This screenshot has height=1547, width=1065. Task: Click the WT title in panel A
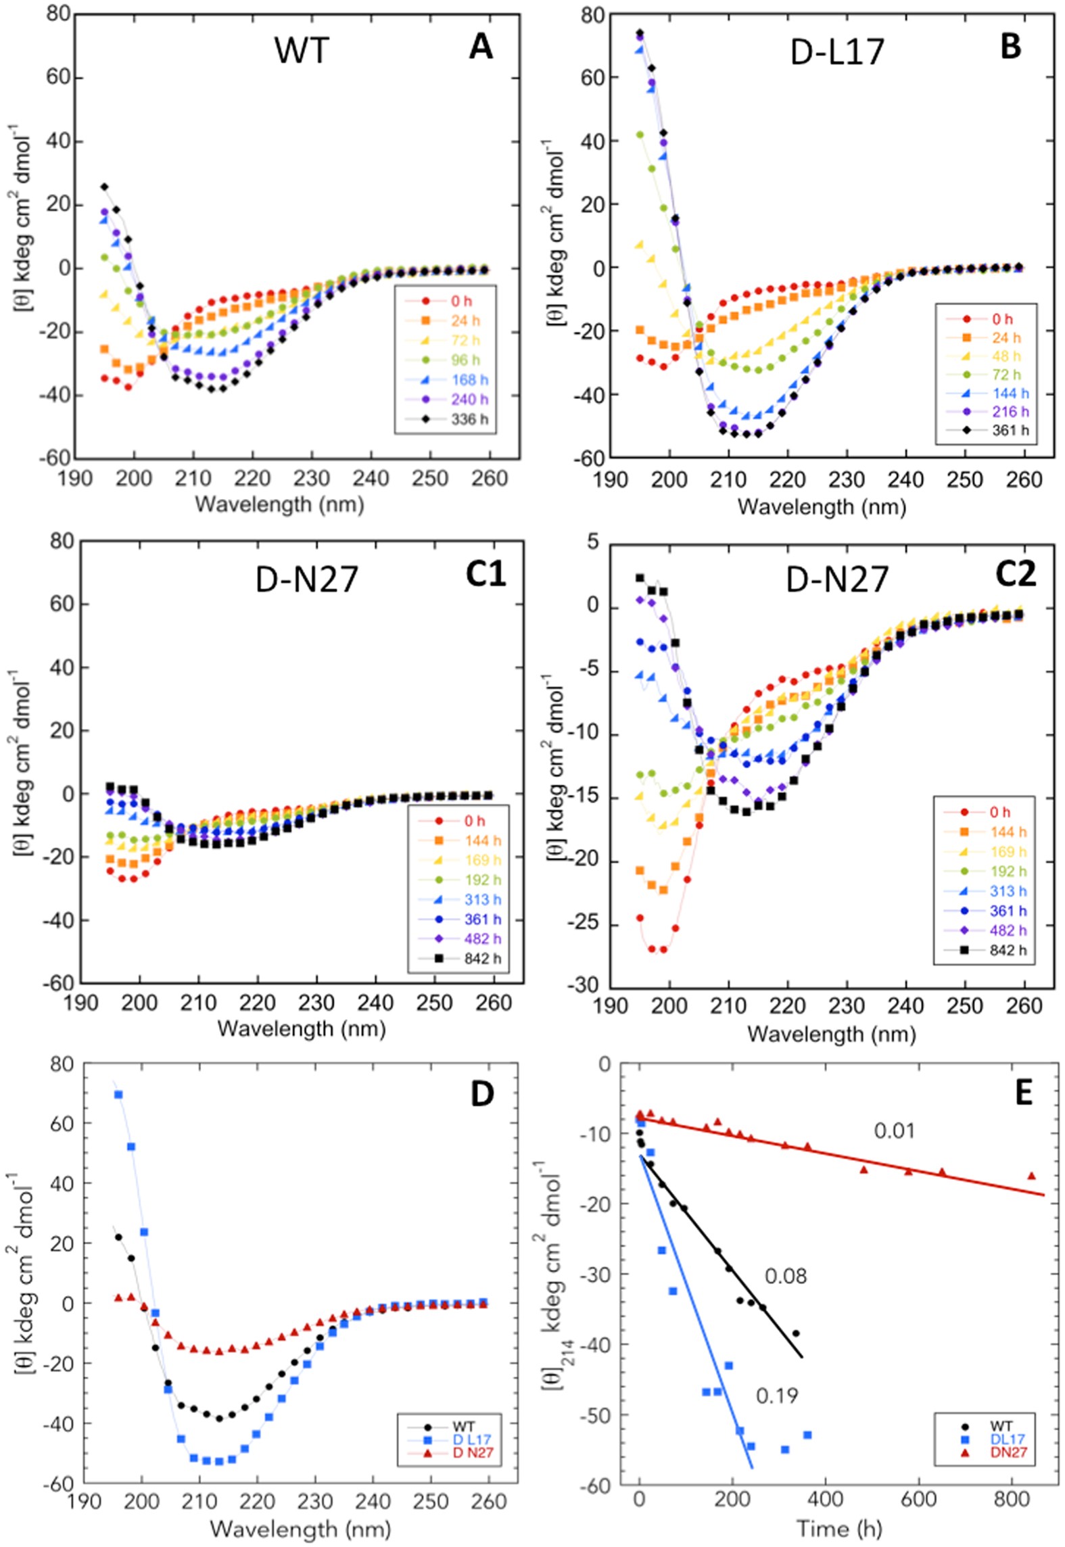click(x=302, y=51)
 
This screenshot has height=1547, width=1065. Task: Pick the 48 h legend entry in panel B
click(x=1008, y=356)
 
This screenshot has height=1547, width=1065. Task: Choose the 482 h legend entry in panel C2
click(x=1008, y=930)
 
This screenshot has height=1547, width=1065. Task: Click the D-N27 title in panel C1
click(x=306, y=580)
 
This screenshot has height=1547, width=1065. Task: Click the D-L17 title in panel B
click(x=838, y=53)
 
